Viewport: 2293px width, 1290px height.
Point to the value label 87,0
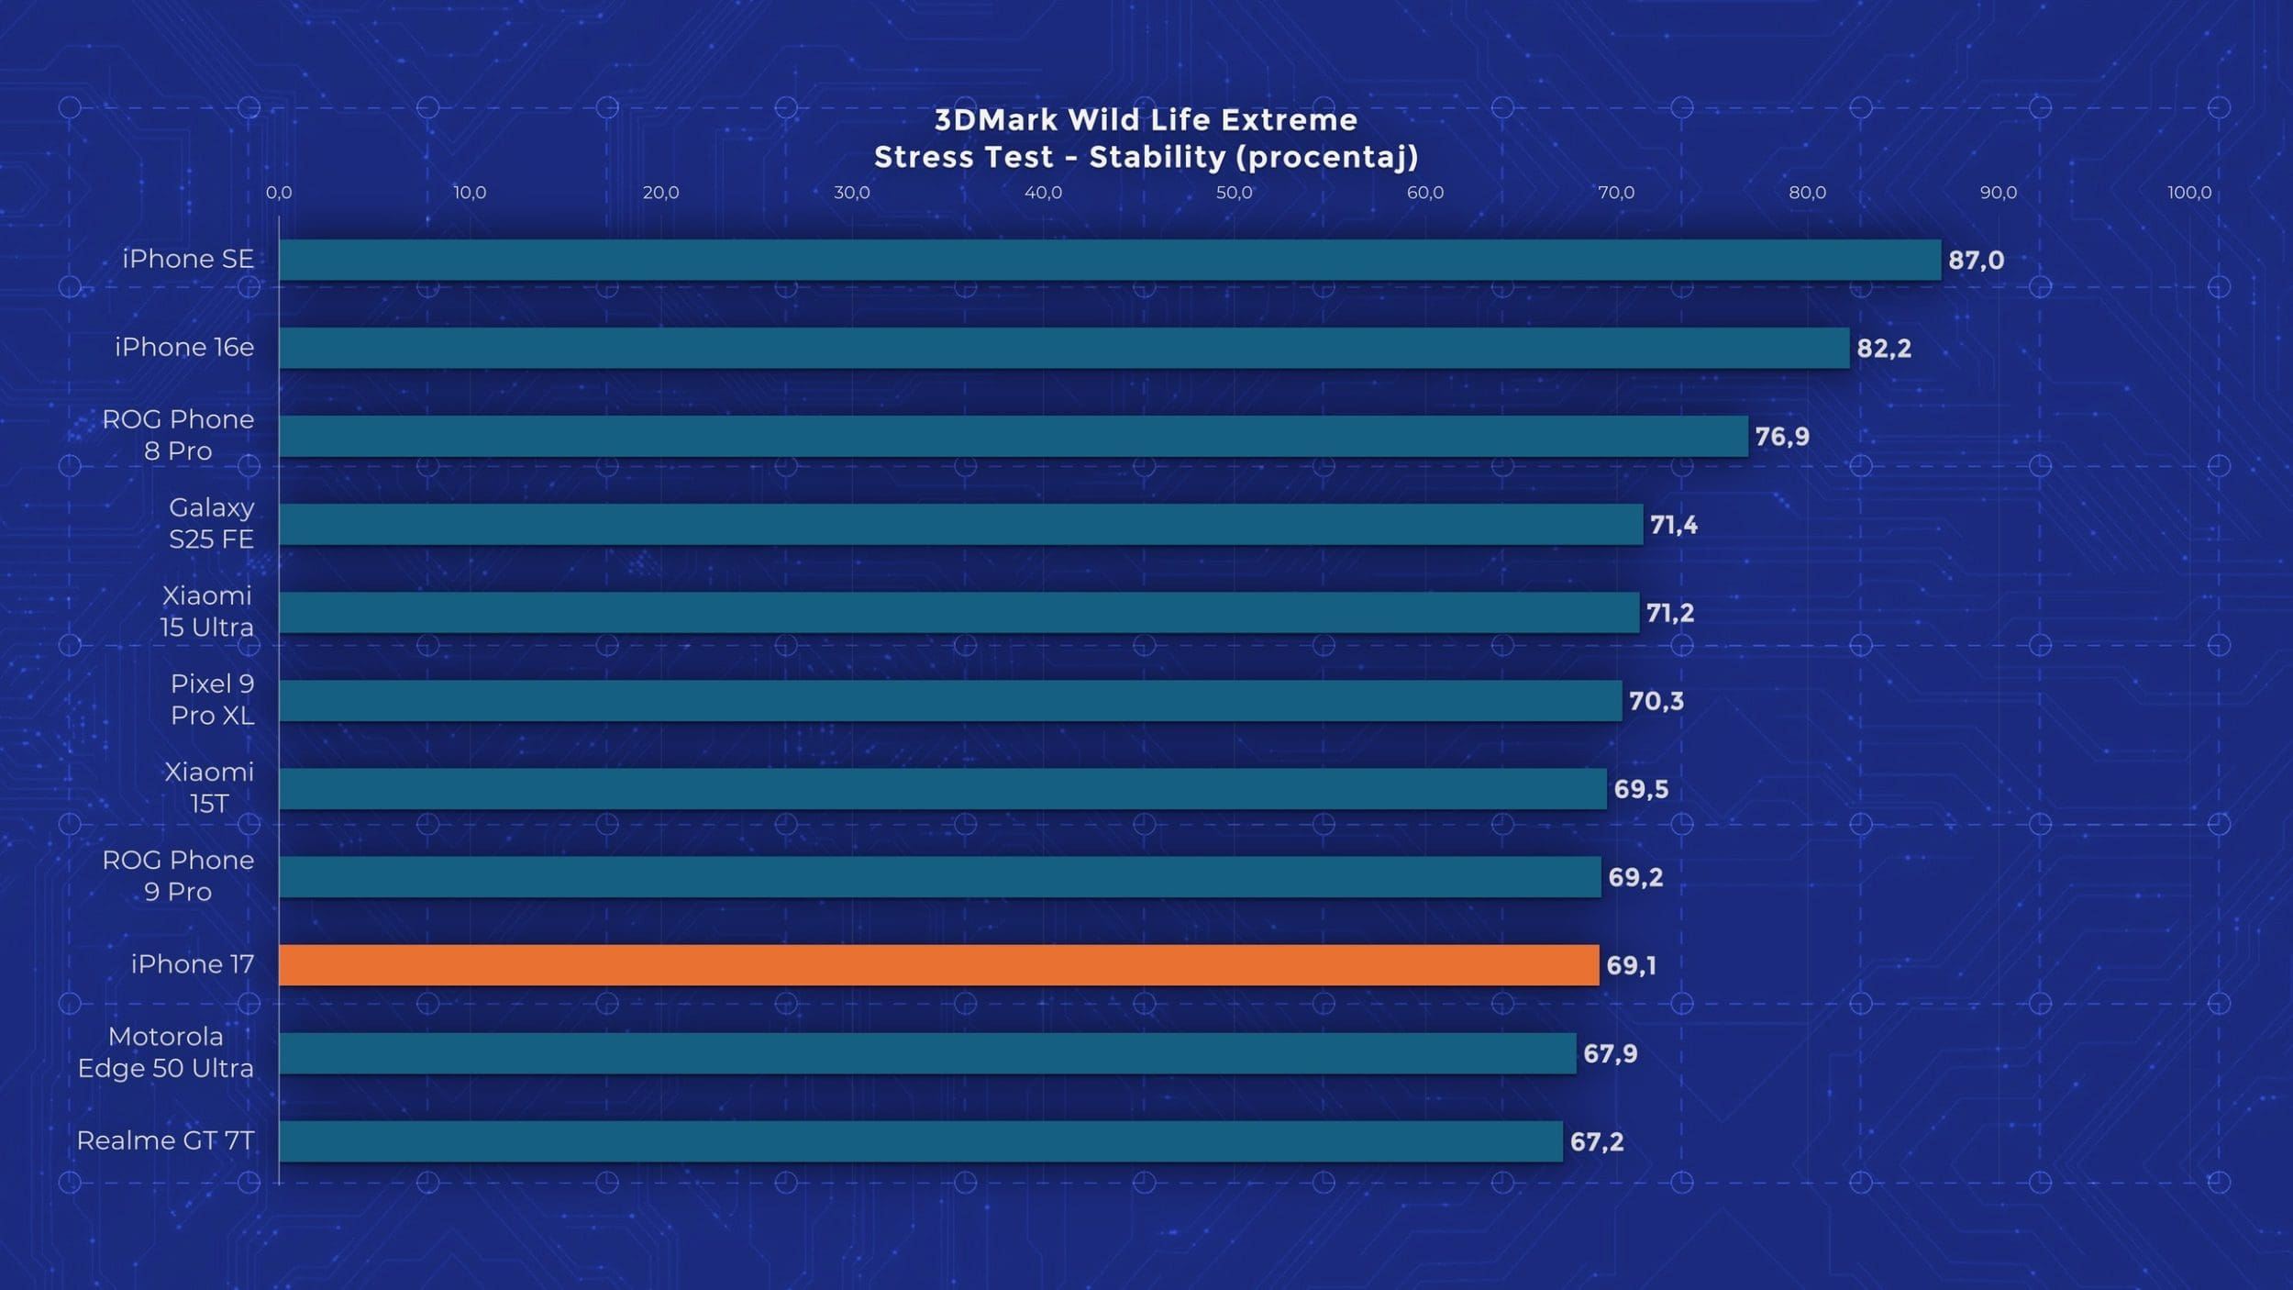point(1976,261)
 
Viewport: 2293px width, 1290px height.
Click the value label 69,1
point(1631,965)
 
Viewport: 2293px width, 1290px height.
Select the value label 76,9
point(1781,437)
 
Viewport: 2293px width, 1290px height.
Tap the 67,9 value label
point(1610,1053)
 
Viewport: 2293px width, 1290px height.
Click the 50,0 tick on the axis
point(1234,193)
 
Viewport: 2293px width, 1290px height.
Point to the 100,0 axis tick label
point(2188,193)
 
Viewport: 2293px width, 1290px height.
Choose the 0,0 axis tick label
point(279,193)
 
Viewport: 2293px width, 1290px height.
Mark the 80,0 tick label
point(1807,193)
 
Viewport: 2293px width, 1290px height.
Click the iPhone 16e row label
point(184,348)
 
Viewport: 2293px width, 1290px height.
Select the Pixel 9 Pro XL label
point(212,699)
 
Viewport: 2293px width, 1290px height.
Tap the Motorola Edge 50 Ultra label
point(166,1052)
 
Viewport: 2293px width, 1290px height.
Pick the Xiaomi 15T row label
point(209,787)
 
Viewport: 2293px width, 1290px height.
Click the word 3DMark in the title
point(996,120)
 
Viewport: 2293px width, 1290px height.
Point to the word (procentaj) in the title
point(1326,158)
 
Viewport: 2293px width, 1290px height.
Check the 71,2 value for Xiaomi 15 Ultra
point(1669,613)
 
